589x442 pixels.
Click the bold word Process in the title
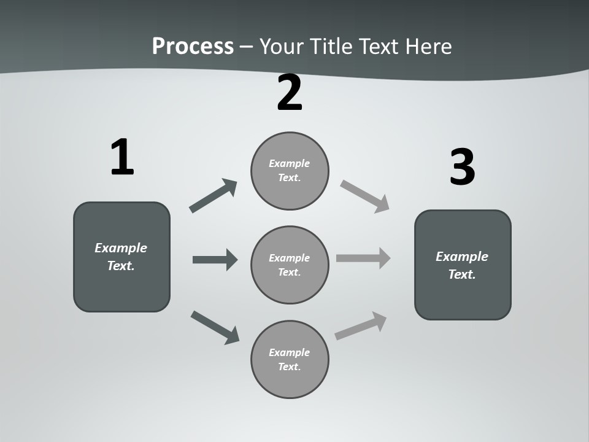click(x=193, y=47)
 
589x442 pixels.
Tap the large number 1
click(x=122, y=157)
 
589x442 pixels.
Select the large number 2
click(x=290, y=93)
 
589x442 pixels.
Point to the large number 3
click(x=462, y=167)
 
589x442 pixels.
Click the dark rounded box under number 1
click(x=121, y=289)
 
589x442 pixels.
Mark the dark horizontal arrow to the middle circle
click(x=215, y=260)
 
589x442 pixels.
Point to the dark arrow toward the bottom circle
click(x=215, y=327)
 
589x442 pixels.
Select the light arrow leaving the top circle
click(x=364, y=196)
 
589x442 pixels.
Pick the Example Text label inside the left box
click(x=121, y=257)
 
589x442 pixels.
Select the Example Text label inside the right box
click(x=462, y=265)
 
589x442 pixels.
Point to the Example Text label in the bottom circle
click(x=290, y=359)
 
